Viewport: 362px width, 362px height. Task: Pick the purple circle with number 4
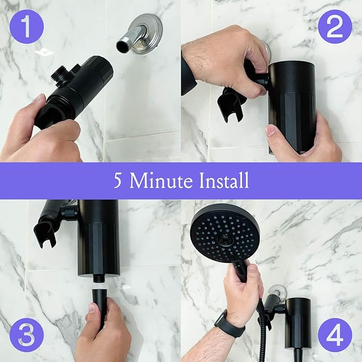click(x=335, y=335)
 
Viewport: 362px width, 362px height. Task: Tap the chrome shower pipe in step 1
click(x=128, y=39)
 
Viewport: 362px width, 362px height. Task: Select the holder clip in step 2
click(x=231, y=101)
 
